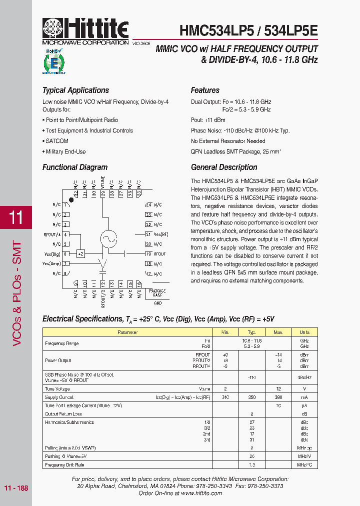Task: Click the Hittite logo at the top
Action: (85, 30)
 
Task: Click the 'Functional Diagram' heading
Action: (75, 167)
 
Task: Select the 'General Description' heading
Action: (224, 167)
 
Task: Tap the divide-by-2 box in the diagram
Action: (81, 254)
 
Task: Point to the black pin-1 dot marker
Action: (71, 200)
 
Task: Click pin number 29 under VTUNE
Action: (102, 193)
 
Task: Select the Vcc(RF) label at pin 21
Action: (160, 234)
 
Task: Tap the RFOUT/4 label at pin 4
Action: (52, 234)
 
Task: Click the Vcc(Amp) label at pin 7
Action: (51, 263)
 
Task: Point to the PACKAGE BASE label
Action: (157, 293)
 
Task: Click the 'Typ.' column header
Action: (252, 332)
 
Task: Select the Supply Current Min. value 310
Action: (225, 397)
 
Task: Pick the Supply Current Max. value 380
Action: (278, 397)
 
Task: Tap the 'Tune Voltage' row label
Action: (57, 388)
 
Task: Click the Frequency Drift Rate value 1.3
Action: (252, 465)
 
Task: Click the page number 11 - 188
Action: (16, 488)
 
